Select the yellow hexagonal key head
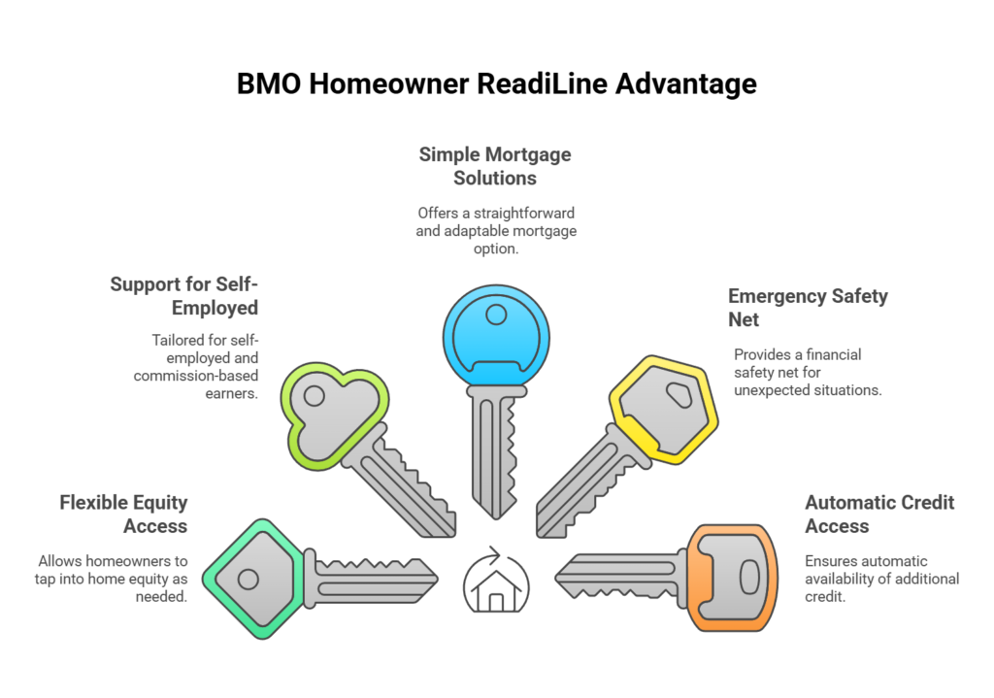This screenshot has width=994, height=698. pyautogui.click(x=666, y=407)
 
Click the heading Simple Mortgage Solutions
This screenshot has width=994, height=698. pyautogui.click(x=495, y=166)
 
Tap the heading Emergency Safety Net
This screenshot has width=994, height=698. pyautogui.click(x=807, y=308)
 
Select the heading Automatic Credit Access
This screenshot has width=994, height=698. pyautogui.click(x=878, y=515)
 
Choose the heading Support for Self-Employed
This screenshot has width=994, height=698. pyautogui.click(x=184, y=296)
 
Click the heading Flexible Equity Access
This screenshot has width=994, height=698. pyautogui.click(x=123, y=515)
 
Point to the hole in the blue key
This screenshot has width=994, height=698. pyautogui.click(x=497, y=315)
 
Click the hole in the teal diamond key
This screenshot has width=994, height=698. pyautogui.click(x=248, y=580)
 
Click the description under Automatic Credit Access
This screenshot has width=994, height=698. pyautogui.click(x=881, y=579)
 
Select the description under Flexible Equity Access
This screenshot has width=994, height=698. pyautogui.click(x=112, y=579)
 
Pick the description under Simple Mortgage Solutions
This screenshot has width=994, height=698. pyautogui.click(x=497, y=231)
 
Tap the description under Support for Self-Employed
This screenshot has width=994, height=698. pyautogui.click(x=204, y=367)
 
